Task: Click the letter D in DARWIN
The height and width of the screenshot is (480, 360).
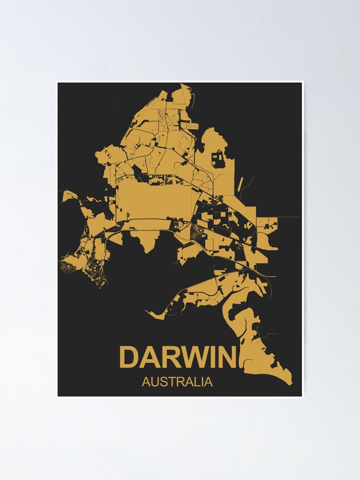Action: click(129, 358)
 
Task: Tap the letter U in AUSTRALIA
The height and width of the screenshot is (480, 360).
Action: click(154, 383)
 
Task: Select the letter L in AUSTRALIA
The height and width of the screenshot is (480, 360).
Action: click(197, 383)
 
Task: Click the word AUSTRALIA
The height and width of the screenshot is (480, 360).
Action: click(177, 383)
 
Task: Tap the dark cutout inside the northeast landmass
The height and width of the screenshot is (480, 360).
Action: click(218, 158)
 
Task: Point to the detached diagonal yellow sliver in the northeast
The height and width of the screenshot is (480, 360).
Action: click(241, 184)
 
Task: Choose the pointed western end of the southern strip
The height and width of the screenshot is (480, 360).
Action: click(149, 314)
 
